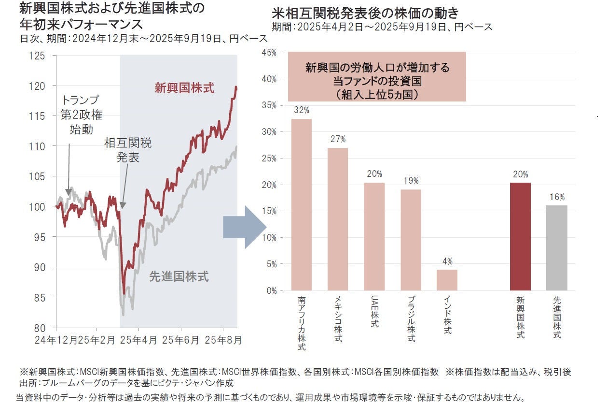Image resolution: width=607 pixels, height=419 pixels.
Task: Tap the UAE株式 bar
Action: tap(374, 236)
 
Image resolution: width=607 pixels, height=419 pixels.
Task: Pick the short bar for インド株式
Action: tap(447, 280)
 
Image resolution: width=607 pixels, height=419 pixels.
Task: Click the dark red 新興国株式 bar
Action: tap(520, 236)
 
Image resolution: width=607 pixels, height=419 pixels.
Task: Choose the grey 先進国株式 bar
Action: tap(557, 247)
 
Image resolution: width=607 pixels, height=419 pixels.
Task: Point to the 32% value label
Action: tap(302, 110)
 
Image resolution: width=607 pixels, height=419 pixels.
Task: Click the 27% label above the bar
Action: tap(338, 139)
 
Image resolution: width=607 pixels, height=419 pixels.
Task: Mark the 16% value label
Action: tap(557, 197)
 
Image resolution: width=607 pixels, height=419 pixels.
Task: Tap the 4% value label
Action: tap(447, 261)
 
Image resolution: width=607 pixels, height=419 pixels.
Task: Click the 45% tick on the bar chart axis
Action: tap(268, 52)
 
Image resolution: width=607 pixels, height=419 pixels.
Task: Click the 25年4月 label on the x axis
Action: tap(139, 340)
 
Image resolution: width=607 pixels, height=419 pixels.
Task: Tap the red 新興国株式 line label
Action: tap(184, 88)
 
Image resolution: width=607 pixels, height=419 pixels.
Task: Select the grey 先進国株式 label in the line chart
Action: tap(179, 277)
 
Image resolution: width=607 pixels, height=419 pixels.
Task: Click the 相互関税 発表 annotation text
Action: tap(127, 150)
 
